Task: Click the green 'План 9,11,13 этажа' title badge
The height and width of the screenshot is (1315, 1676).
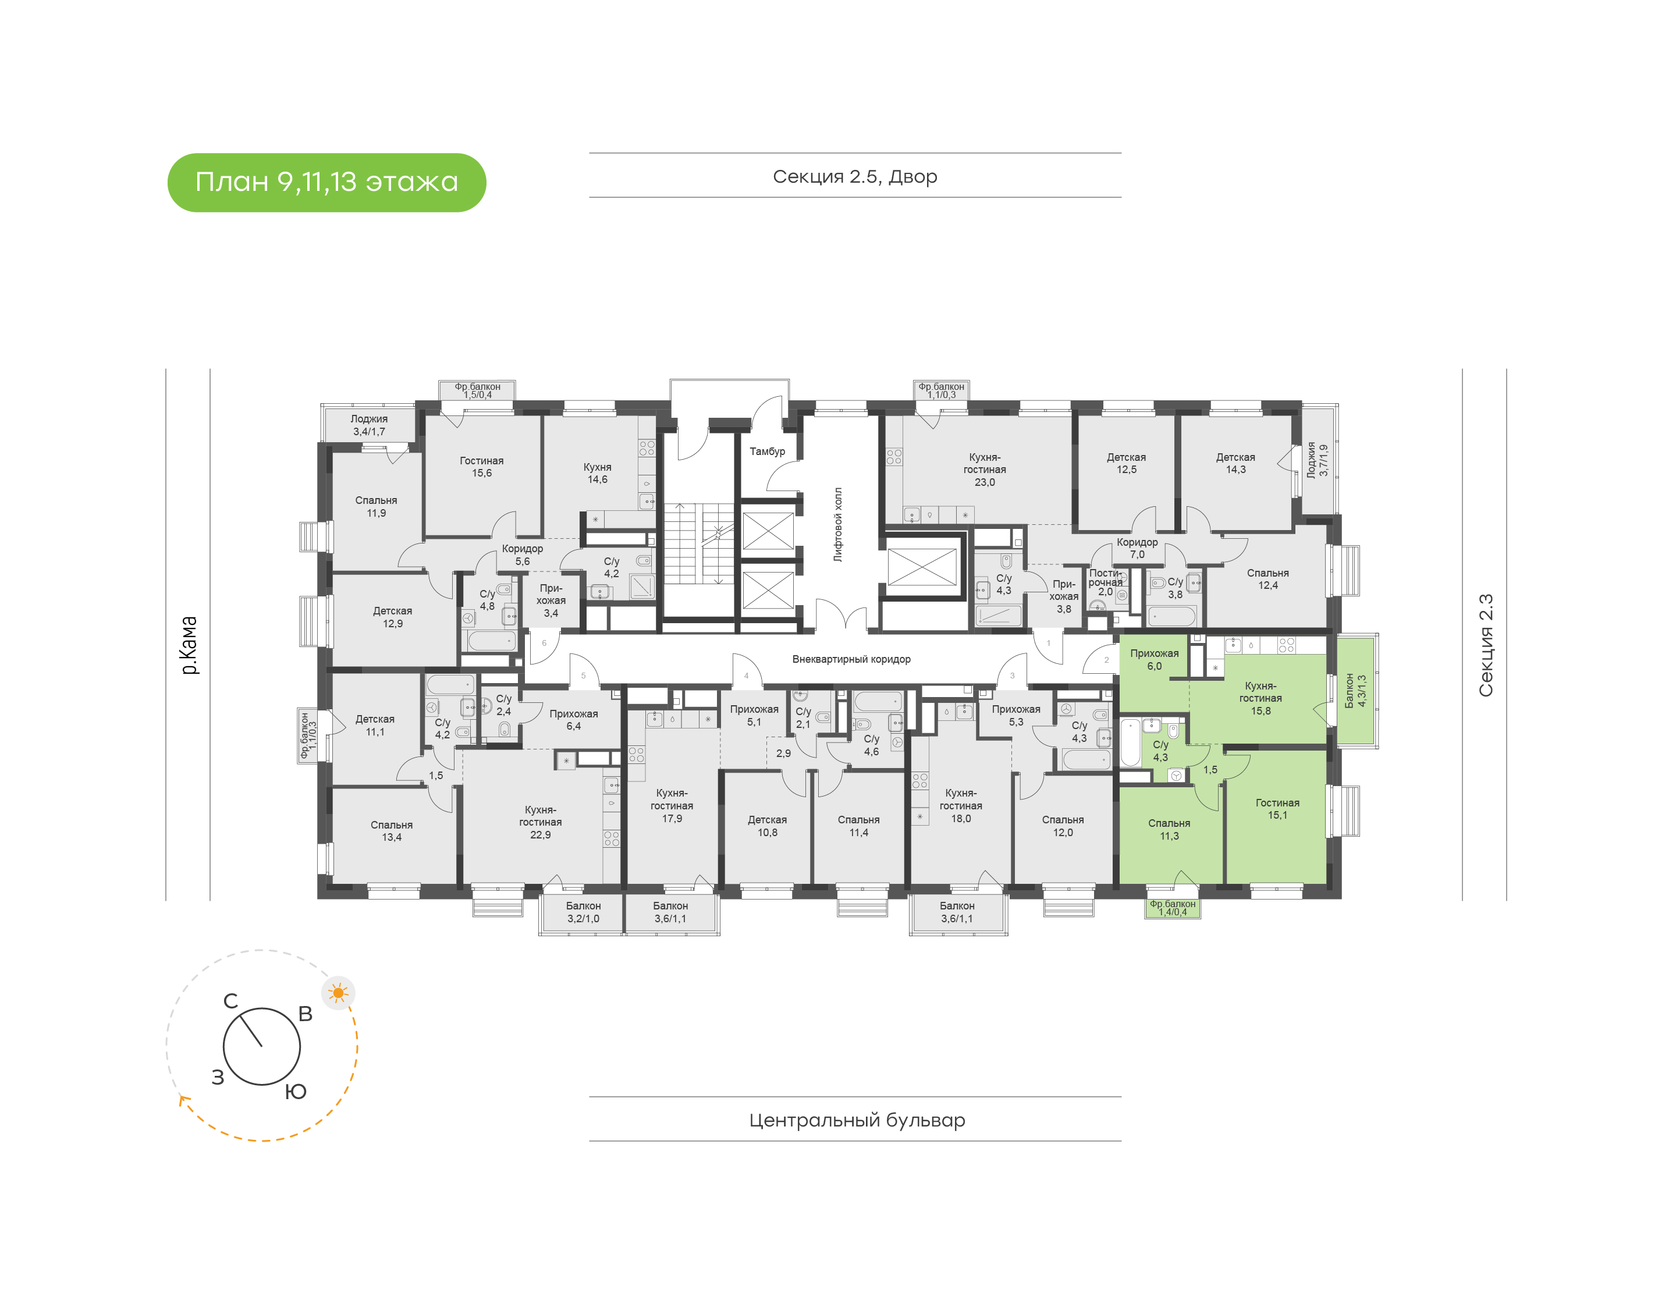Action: tap(326, 183)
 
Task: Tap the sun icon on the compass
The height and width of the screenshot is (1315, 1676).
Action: tap(338, 993)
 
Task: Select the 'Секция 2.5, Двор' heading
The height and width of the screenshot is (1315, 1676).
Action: tap(854, 176)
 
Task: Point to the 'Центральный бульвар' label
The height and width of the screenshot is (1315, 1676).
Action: tap(857, 1119)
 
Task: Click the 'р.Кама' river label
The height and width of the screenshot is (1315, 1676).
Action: tap(189, 645)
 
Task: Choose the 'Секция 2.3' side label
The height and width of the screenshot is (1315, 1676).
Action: tap(1486, 645)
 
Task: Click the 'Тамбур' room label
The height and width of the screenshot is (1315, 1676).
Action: tap(767, 451)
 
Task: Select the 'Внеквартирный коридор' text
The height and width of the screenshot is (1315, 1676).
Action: tap(851, 659)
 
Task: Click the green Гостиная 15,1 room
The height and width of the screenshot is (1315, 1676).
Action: tap(1276, 816)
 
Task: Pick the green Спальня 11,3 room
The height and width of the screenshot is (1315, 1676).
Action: tap(1169, 836)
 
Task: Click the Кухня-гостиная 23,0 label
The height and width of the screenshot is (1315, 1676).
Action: tap(985, 470)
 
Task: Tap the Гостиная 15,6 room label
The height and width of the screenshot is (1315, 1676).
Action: tap(481, 467)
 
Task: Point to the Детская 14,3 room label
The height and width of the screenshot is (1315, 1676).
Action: tap(1235, 463)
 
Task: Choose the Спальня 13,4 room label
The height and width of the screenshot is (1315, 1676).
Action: tap(391, 831)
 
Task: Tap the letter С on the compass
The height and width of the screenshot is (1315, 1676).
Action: tap(230, 1001)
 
